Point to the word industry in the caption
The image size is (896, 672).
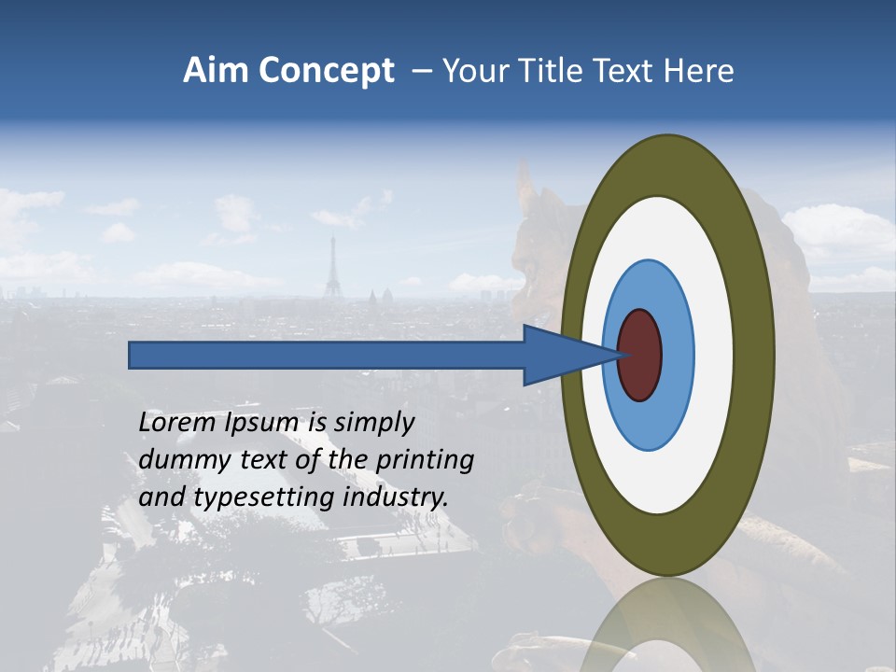(396, 497)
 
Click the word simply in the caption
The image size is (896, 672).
(372, 423)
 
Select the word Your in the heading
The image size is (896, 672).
(473, 71)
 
